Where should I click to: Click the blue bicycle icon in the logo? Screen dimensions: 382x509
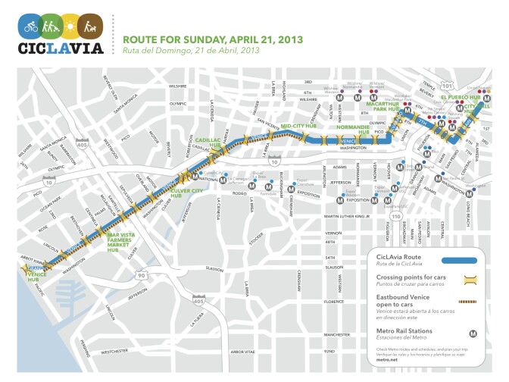click(30, 28)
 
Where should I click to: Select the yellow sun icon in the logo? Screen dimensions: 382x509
click(70, 28)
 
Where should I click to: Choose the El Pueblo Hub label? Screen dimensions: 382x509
click(465, 97)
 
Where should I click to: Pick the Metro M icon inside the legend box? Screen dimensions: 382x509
click(474, 332)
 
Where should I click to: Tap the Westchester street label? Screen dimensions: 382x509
click(116, 351)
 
